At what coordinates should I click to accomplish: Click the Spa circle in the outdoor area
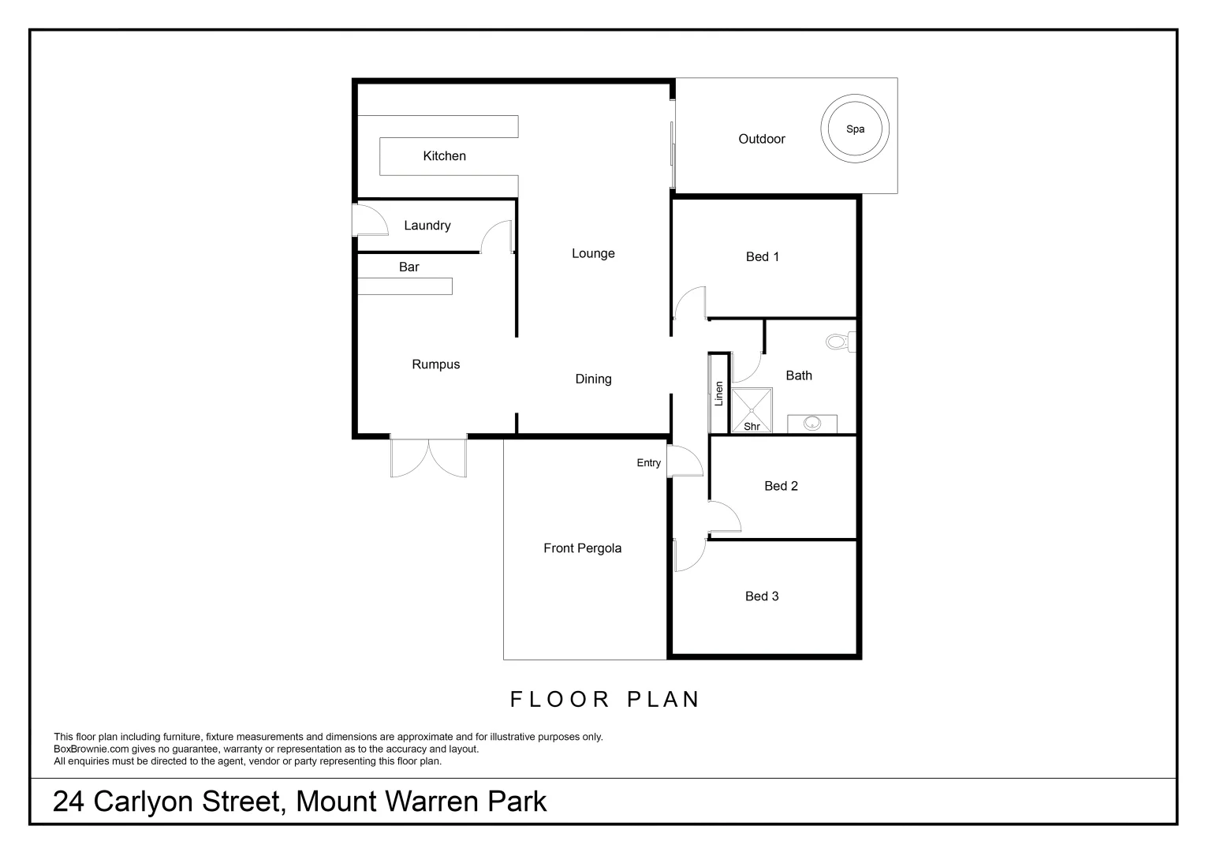[x=855, y=129]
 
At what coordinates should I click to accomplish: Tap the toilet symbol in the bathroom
[x=838, y=342]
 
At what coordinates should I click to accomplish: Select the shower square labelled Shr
[x=752, y=410]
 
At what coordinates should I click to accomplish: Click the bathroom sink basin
[x=812, y=424]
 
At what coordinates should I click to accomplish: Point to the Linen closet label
[x=718, y=394]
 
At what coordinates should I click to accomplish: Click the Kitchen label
[x=444, y=156]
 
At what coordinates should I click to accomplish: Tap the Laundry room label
[x=427, y=226]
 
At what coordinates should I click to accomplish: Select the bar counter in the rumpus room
[x=405, y=286]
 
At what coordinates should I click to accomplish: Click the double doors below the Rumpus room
[x=428, y=458]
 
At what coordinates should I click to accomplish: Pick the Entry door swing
[x=683, y=461]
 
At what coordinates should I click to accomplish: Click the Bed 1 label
[x=762, y=256]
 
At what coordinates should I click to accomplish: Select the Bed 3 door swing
[x=689, y=553]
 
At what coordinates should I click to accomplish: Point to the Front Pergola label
[x=582, y=548]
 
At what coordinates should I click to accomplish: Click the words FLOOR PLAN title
[x=605, y=700]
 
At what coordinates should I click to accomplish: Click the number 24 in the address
[x=69, y=802]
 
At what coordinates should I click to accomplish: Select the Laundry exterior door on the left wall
[x=370, y=220]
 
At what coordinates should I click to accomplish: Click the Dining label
[x=593, y=379]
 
